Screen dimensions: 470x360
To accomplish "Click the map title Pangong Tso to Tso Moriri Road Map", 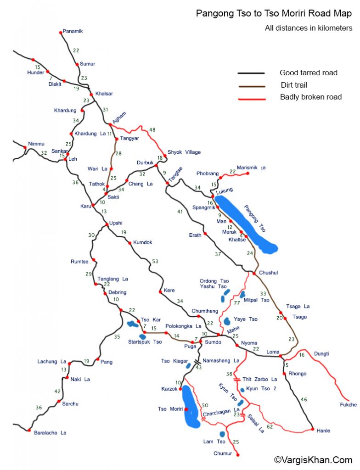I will [x=274, y=14].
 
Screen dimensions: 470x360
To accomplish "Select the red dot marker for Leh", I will [x=66, y=159].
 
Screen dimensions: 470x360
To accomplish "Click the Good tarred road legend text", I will [x=308, y=73].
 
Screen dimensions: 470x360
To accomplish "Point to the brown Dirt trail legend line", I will [x=251, y=85].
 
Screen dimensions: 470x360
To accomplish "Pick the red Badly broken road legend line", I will [x=251, y=98].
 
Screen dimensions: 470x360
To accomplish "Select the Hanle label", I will [x=323, y=431].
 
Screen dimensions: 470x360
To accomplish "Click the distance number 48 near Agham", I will [x=152, y=130].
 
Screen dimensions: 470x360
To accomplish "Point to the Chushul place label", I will [x=269, y=273].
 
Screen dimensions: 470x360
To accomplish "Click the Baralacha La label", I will [x=50, y=432].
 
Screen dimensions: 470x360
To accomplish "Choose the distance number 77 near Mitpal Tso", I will [x=237, y=303].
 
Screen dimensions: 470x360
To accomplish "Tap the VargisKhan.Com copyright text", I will [x=313, y=459].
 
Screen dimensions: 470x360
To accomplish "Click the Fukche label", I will [x=348, y=405].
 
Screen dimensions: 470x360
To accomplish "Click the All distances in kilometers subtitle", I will [x=308, y=28].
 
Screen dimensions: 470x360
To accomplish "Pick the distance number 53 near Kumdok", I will [x=155, y=261].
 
